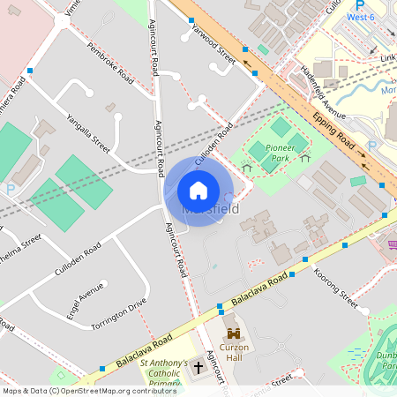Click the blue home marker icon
point(198,191)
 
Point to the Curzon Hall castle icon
point(234,333)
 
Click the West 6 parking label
point(361,16)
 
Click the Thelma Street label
point(21,242)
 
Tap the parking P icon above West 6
point(360,4)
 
